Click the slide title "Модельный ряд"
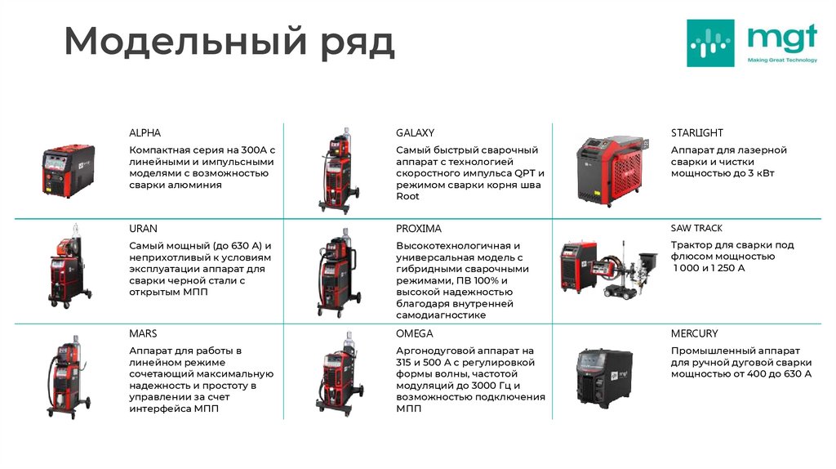point(229,42)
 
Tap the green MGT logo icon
point(709,42)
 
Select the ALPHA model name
point(145,132)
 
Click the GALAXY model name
point(415,132)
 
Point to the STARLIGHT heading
point(696,132)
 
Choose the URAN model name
point(143,228)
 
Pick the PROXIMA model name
point(418,228)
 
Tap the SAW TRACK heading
point(696,228)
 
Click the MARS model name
point(143,333)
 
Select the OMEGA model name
point(414,333)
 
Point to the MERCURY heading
point(694,333)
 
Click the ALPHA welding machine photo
point(69,171)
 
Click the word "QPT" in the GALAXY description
point(525,173)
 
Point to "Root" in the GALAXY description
point(407,196)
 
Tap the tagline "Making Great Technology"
point(781,60)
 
